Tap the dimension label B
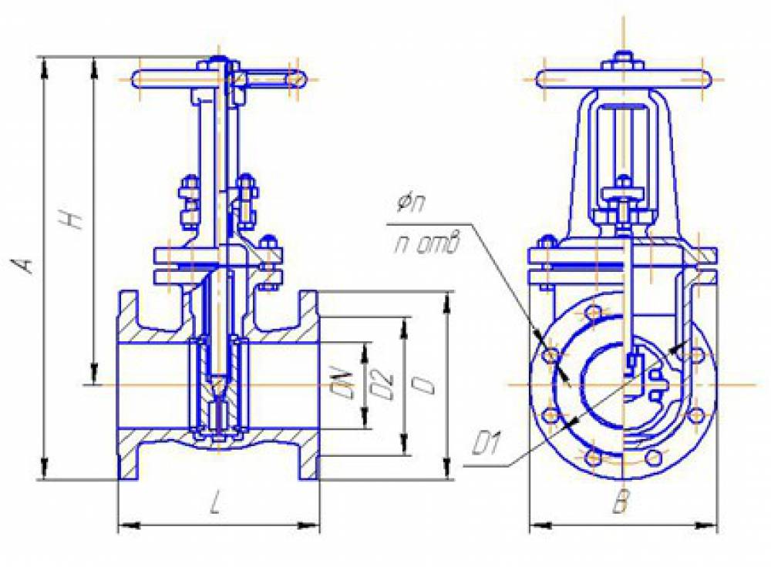click(621, 502)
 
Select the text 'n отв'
click(426, 244)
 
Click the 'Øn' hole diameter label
click(411, 203)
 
